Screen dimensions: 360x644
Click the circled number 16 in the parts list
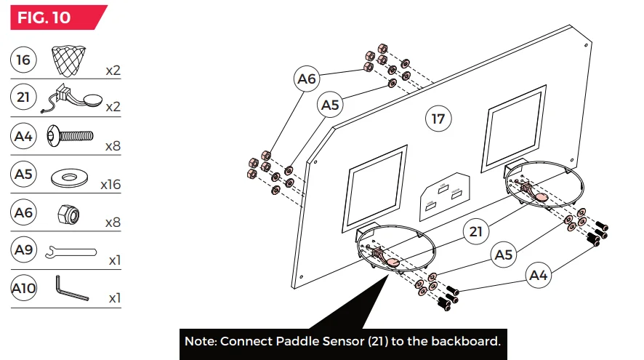[24, 60]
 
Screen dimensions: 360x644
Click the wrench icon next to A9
[71, 252]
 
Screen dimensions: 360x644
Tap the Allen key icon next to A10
[71, 289]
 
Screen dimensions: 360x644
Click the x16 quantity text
[110, 185]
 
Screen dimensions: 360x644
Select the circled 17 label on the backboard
[438, 119]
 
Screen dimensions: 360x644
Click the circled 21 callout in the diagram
[475, 232]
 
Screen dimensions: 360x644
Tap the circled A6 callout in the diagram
[307, 79]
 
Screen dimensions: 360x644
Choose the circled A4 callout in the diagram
[539, 276]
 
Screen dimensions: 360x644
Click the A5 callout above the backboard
[330, 105]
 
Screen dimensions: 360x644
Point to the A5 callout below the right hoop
[505, 255]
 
